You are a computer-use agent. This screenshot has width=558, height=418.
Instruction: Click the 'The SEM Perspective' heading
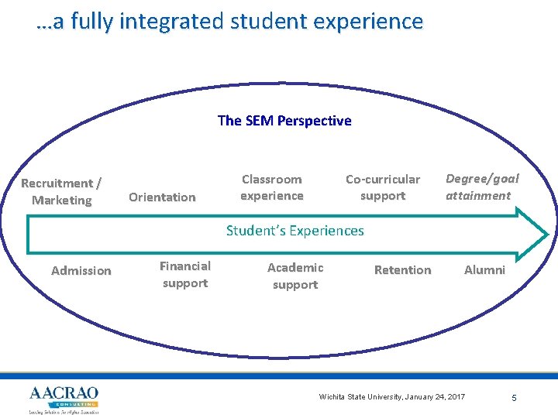pos(284,121)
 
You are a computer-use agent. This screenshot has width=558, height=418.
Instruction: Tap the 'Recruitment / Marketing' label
pos(61,192)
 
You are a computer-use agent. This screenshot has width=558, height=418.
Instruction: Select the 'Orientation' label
pos(162,197)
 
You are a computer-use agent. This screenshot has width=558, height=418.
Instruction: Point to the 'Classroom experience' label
pos(271,187)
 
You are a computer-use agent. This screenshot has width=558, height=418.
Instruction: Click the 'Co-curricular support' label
pos(383,187)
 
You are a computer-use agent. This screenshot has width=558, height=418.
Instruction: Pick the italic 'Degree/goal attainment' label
pos(482,187)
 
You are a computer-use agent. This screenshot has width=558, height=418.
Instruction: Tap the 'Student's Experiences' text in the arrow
pos(294,231)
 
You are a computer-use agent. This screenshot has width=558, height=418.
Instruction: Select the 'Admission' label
pos(81,271)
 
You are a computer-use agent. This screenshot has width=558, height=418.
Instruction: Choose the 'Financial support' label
pos(184,274)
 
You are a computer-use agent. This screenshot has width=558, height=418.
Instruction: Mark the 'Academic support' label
pos(295,276)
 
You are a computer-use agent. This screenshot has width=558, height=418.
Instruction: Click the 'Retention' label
pos(402,270)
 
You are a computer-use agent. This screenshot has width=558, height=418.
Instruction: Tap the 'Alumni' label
pos(484,270)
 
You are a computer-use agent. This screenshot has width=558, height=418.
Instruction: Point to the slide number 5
pos(514,398)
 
